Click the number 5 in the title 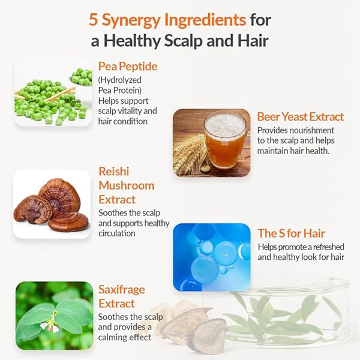(94, 20)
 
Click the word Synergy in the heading (131, 21)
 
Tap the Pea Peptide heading (128, 67)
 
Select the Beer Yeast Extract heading (301, 116)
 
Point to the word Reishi (114, 171)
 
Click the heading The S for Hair (291, 233)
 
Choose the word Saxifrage (122, 290)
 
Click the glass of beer (226, 140)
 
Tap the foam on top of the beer (225, 124)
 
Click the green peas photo (53, 93)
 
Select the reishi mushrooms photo (52, 205)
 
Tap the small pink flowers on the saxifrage (51, 322)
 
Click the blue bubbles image (211, 257)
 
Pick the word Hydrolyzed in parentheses (120, 80)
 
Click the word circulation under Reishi (117, 233)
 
